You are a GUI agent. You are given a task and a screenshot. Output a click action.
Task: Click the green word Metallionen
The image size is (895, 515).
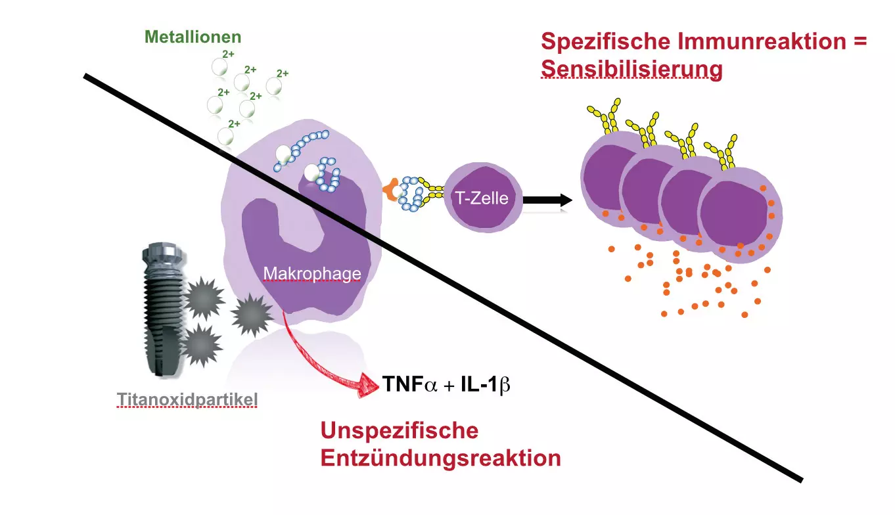click(193, 37)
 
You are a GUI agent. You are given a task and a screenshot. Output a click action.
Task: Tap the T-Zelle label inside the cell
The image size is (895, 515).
click(482, 197)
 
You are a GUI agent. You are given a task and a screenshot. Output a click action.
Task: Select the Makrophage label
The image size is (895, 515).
click(312, 273)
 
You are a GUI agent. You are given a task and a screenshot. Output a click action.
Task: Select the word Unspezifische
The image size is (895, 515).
click(399, 432)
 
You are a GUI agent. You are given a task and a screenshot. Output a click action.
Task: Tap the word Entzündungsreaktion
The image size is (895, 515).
click(440, 458)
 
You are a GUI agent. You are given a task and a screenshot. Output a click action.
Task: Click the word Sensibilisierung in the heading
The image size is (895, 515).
click(631, 69)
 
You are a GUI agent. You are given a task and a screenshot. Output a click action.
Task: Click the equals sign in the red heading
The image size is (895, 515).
click(858, 42)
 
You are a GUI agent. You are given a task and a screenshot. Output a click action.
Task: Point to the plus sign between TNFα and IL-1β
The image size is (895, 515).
click(449, 386)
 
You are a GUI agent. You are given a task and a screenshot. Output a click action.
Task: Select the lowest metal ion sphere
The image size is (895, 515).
click(225, 137)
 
